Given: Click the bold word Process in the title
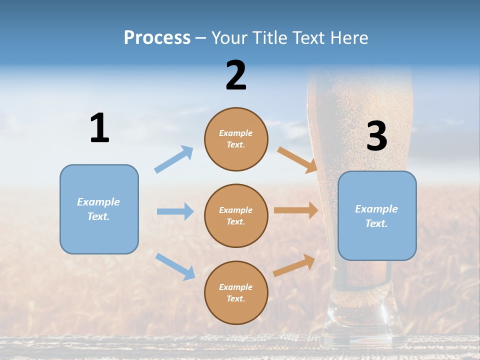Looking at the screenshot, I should pos(157,38).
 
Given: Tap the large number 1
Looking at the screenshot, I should pos(99,128).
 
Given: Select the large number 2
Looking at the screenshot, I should pos(236,75).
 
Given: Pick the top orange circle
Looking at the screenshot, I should pos(236,139).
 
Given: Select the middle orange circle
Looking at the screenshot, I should pos(236,215).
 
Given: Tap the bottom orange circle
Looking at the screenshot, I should pos(236,292).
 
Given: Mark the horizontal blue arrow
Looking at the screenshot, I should pos(175,211).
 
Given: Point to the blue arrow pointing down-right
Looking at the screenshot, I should pos(175,266).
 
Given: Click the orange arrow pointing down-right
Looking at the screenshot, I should pos(297,160).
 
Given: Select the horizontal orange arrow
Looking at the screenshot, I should pos(296,210).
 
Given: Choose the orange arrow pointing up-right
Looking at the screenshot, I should pos(294,265).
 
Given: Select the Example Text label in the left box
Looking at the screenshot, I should pos(98,209).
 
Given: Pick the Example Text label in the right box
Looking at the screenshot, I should pos(376,216).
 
